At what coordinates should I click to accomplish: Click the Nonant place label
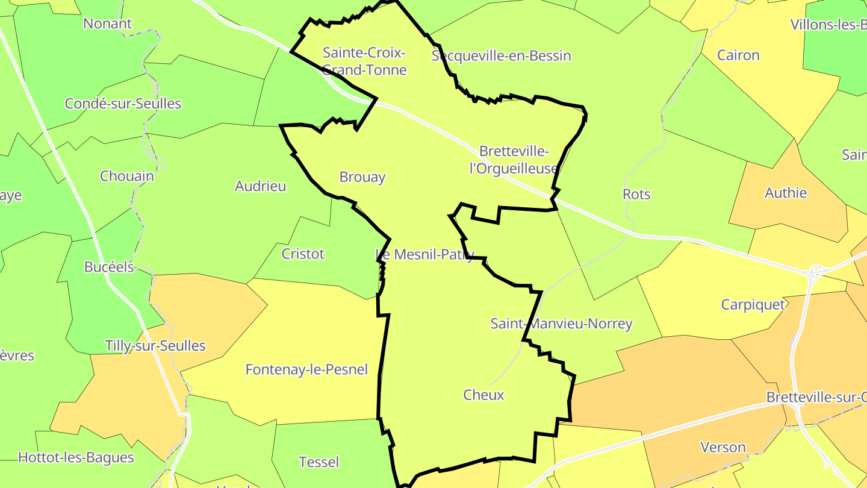pyautogui.click(x=107, y=23)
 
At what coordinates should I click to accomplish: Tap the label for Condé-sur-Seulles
pyautogui.click(x=123, y=103)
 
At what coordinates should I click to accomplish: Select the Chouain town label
pyautogui.click(x=126, y=176)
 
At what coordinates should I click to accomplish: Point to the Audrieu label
pyautogui.click(x=260, y=186)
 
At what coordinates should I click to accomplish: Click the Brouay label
pyautogui.click(x=362, y=177)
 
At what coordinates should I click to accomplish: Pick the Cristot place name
pyautogui.click(x=303, y=254)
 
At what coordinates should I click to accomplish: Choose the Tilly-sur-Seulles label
pyautogui.click(x=155, y=346)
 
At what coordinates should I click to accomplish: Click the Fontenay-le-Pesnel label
pyautogui.click(x=306, y=369)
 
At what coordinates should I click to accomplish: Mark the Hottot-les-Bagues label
pyautogui.click(x=76, y=457)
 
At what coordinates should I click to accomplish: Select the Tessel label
pyautogui.click(x=319, y=462)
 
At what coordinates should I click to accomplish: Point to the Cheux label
pyautogui.click(x=483, y=395)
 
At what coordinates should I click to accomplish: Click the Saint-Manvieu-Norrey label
pyautogui.click(x=561, y=324)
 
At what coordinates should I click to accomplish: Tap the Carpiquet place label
pyautogui.click(x=753, y=304)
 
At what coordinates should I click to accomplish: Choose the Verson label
pyautogui.click(x=722, y=448)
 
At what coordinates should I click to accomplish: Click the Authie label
pyautogui.click(x=785, y=193)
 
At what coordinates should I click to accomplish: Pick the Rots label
pyautogui.click(x=636, y=194)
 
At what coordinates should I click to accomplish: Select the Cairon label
pyautogui.click(x=738, y=55)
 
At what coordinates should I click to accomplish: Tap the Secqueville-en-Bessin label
pyautogui.click(x=501, y=56)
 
